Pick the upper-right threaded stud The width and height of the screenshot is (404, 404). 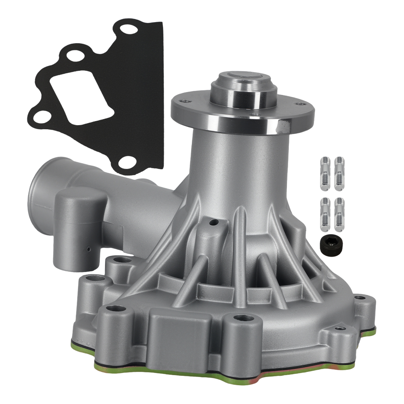339,174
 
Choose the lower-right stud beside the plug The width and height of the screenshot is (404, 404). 339,214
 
